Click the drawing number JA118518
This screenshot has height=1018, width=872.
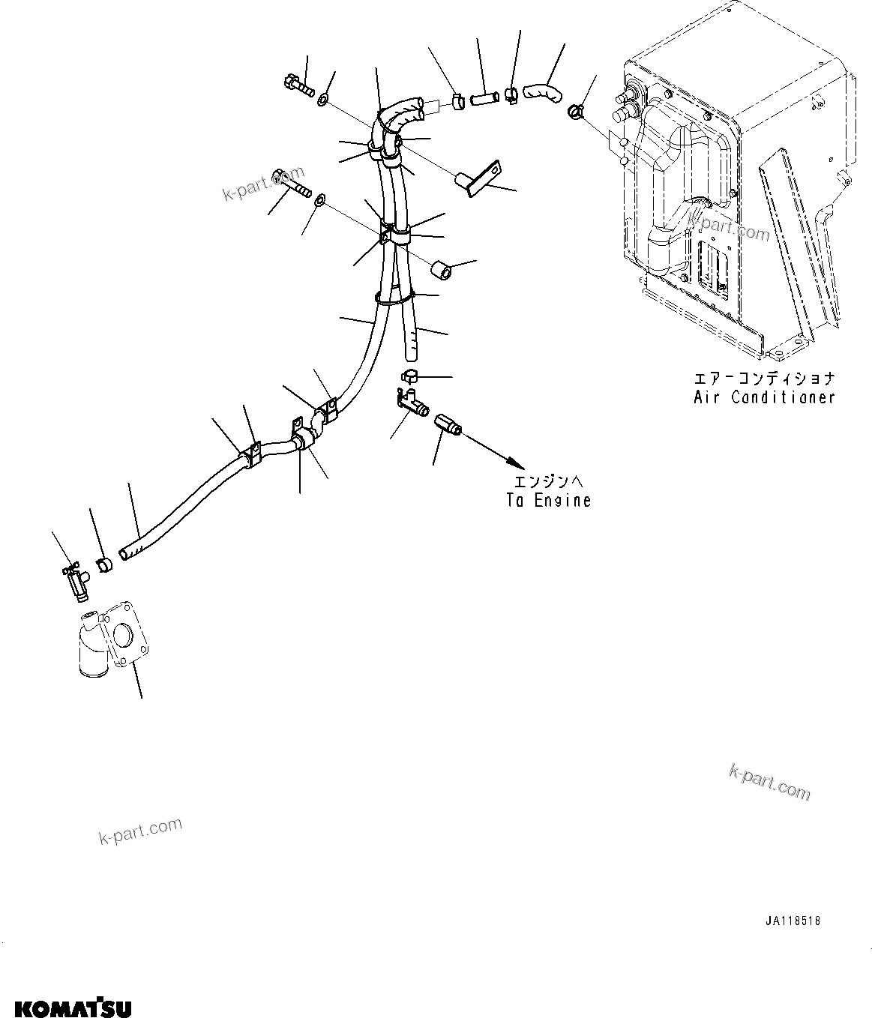tap(793, 921)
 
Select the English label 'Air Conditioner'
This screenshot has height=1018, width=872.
tap(764, 397)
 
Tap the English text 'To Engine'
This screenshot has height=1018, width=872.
tap(548, 500)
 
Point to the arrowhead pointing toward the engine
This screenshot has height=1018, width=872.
tap(509, 463)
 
